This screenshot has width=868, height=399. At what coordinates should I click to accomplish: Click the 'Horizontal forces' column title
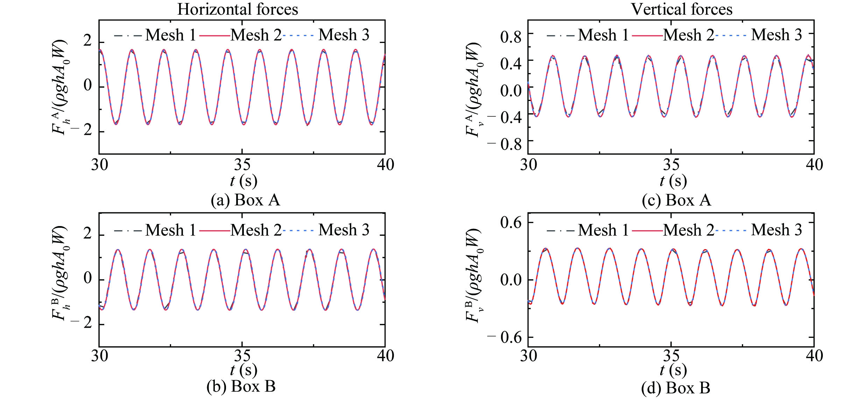[x=238, y=9]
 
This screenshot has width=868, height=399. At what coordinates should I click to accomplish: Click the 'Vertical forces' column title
[x=681, y=9]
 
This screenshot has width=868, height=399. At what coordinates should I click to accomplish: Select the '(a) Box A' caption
[x=245, y=200]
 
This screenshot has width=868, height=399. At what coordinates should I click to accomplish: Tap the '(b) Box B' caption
[x=241, y=386]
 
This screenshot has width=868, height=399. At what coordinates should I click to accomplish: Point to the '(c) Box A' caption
[x=676, y=200]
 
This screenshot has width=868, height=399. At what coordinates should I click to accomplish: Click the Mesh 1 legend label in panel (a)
[x=170, y=35]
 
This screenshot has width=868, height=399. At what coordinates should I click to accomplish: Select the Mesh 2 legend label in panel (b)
[x=256, y=230]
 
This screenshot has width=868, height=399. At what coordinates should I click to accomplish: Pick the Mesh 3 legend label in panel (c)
[x=776, y=35]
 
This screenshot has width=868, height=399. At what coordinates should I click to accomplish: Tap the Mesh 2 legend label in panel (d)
[x=689, y=230]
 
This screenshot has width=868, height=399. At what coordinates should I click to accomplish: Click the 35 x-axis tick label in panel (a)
[x=242, y=165]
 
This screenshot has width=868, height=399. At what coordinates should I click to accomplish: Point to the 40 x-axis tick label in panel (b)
[x=385, y=356]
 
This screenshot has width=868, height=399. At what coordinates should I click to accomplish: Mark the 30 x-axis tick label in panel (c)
[x=528, y=165]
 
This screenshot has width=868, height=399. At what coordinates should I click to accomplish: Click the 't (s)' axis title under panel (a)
[x=244, y=181]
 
